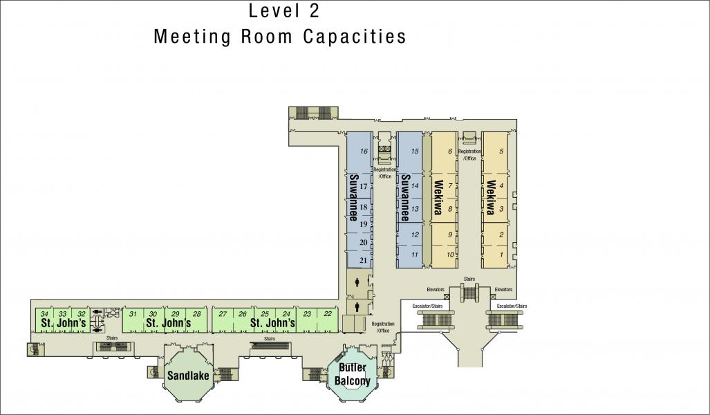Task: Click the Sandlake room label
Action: tap(188, 375)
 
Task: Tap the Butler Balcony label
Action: tap(353, 373)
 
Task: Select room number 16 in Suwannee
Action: tap(364, 151)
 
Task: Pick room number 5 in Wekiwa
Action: tap(501, 151)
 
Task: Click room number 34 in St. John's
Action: tap(44, 313)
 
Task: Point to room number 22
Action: tap(328, 313)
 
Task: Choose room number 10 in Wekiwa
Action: tap(450, 255)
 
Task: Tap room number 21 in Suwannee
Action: tap(363, 260)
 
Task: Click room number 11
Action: tap(414, 255)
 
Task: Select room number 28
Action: tap(196, 313)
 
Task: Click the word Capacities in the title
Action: tap(355, 36)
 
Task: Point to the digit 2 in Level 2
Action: tap(315, 11)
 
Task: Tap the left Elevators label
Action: tap(436, 290)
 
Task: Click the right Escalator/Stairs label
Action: tap(512, 306)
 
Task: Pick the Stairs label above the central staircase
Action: tap(469, 279)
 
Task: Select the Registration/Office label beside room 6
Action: tap(469, 155)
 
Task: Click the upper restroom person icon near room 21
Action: tap(357, 282)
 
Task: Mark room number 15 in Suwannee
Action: tap(415, 151)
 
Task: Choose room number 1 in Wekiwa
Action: tap(501, 255)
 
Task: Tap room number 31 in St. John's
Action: tap(133, 313)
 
